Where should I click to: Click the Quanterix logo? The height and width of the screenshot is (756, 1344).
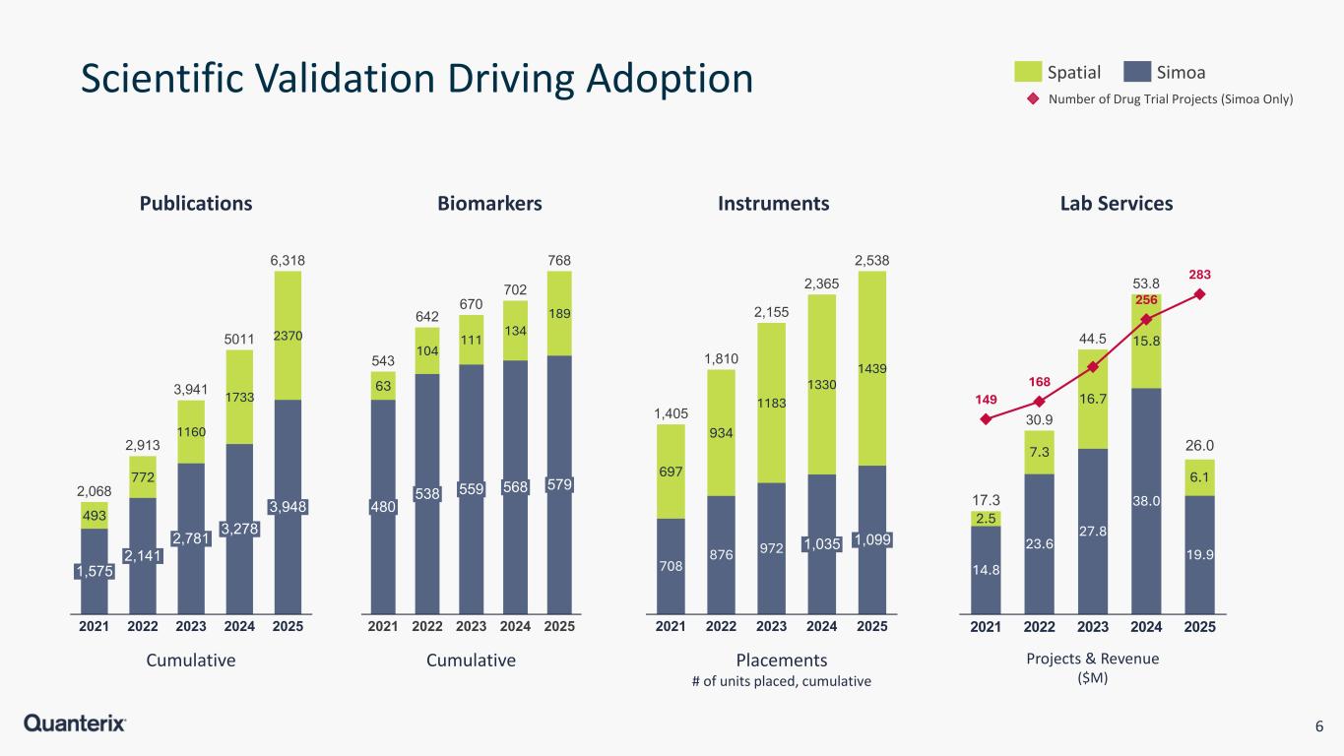(75, 724)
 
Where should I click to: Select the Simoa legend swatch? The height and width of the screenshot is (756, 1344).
(1137, 72)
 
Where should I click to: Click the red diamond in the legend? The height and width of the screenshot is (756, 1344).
(1033, 98)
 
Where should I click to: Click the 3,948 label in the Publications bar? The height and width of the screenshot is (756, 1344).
(287, 507)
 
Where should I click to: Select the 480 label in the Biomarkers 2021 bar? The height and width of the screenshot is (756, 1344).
(383, 507)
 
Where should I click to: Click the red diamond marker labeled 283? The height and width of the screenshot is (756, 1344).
(1199, 294)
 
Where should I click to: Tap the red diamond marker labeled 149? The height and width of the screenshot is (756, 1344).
(987, 419)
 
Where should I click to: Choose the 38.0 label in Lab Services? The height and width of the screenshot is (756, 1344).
(1146, 500)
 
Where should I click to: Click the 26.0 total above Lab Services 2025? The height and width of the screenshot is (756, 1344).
(1199, 447)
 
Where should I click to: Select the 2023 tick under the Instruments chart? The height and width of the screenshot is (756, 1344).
(771, 626)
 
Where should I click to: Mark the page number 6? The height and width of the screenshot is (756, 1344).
(1318, 726)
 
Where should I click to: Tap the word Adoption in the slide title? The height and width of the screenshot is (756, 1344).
(653, 81)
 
